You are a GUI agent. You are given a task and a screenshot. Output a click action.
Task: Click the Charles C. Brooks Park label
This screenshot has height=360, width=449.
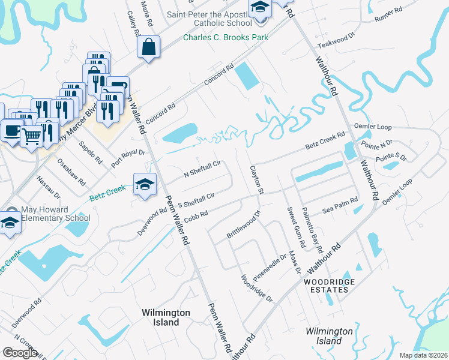[x=225, y=37]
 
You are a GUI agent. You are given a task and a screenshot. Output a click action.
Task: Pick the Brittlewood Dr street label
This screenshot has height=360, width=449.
[x=243, y=225]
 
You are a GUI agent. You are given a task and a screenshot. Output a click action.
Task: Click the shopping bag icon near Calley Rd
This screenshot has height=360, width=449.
[x=148, y=47]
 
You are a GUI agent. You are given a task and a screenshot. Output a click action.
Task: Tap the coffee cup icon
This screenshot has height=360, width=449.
[x=11, y=130]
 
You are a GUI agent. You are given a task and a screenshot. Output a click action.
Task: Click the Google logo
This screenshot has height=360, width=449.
[x=20, y=352]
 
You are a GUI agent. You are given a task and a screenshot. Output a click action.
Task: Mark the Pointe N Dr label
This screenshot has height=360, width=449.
[x=376, y=145]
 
